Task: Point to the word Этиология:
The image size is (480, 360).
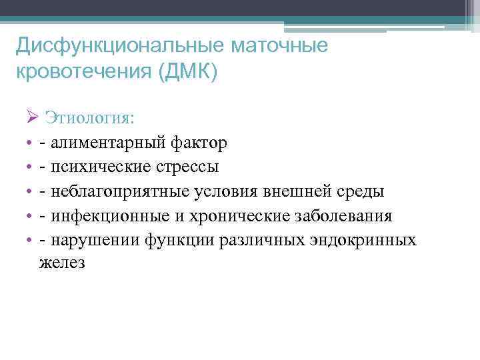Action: click(89, 118)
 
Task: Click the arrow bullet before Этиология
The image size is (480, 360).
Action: click(34, 118)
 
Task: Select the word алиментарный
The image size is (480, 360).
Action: click(107, 143)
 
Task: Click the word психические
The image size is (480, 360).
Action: click(97, 167)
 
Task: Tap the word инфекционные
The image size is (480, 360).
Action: click(106, 217)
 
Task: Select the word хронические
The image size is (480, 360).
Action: click(230, 217)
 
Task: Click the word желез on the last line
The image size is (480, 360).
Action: click(61, 263)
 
